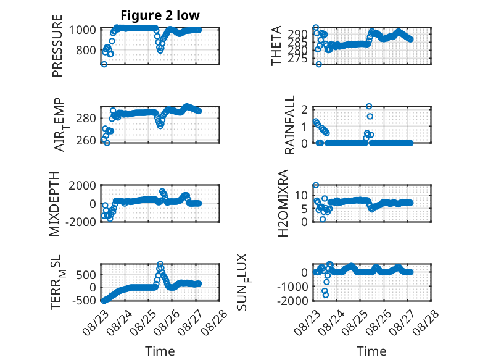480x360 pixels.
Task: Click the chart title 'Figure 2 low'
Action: [160, 15]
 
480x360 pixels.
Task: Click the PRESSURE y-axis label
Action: [57, 46]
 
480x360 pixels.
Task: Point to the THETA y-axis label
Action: [276, 46]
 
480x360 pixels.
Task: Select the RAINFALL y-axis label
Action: [289, 125]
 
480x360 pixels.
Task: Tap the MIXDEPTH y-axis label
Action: [54, 204]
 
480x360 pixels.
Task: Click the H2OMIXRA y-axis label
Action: [283, 203]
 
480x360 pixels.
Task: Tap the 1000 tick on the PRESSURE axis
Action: [83, 30]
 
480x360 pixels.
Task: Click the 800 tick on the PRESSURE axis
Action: [86, 50]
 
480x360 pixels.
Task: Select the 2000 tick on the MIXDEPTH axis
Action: [83, 185]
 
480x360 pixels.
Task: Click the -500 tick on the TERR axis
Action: [84, 301]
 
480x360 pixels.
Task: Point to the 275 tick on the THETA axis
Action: [297, 59]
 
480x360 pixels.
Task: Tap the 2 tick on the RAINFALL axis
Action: [305, 109]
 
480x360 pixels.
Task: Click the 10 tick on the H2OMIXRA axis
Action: [302, 195]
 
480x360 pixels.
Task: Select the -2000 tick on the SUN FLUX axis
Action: [292, 301]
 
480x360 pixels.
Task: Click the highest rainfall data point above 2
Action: [369, 106]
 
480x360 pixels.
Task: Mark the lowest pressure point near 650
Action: [104, 64]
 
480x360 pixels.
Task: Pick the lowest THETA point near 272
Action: [319, 64]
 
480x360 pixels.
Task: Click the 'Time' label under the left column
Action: [160, 351]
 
